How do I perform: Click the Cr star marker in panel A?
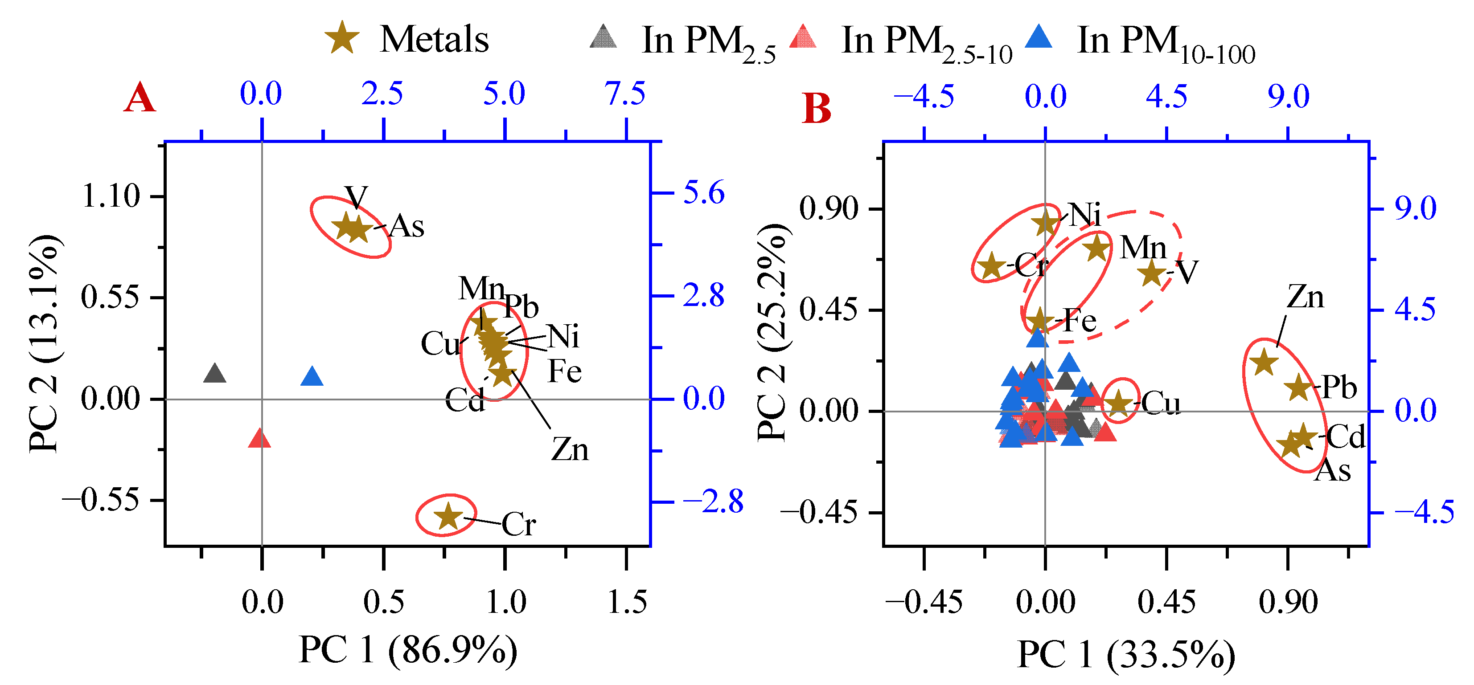pyautogui.click(x=448, y=516)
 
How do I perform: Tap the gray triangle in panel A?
pyautogui.click(x=214, y=374)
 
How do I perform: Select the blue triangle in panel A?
pyautogui.click(x=312, y=377)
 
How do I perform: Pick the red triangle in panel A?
pyautogui.click(x=260, y=439)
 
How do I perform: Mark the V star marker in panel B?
pyautogui.click(x=1152, y=273)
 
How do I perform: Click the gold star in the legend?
pyautogui.click(x=342, y=38)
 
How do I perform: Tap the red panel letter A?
pyautogui.click(x=139, y=98)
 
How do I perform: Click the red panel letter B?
pyautogui.click(x=817, y=109)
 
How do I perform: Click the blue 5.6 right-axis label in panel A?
pyautogui.click(x=703, y=193)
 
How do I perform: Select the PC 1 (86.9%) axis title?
pyautogui.click(x=408, y=650)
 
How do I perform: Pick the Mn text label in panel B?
pyautogui.click(x=1143, y=248)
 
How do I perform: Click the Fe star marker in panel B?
pyautogui.click(x=1040, y=321)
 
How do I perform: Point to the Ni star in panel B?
pyautogui.click(x=1047, y=222)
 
